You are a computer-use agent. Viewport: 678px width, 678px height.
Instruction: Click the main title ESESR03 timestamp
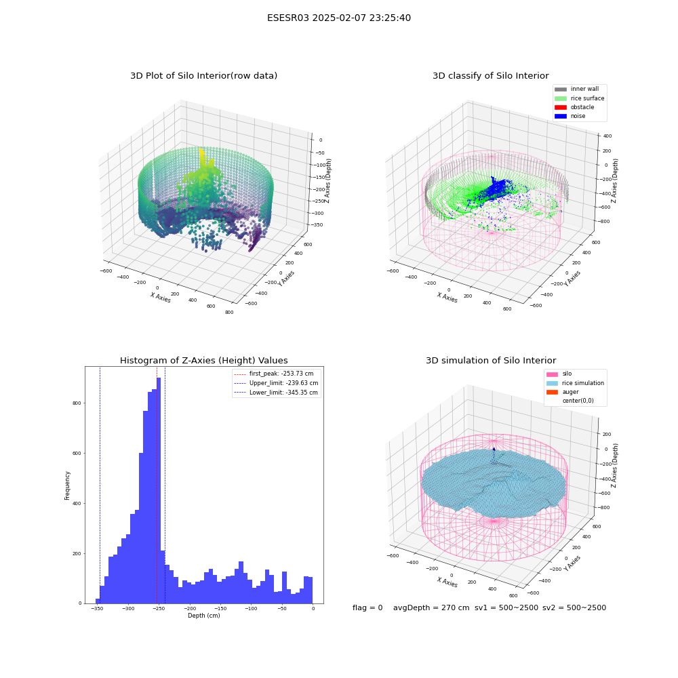(339, 18)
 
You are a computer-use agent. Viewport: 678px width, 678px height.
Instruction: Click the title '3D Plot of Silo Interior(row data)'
(203, 76)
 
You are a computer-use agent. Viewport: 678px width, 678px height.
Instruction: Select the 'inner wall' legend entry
(576, 89)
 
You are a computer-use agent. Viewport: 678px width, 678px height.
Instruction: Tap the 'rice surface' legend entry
(579, 98)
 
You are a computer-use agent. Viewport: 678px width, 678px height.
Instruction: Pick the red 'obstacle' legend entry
(574, 107)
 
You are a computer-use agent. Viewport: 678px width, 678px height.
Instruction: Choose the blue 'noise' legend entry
(570, 116)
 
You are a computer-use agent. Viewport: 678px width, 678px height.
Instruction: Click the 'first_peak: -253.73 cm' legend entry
(274, 374)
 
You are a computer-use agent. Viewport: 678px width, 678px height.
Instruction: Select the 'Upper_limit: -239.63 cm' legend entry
(276, 383)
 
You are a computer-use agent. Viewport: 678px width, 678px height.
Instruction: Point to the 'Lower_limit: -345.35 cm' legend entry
(276, 393)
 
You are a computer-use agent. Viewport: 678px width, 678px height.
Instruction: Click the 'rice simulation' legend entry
(575, 383)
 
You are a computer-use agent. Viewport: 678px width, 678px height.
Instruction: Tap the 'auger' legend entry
(562, 392)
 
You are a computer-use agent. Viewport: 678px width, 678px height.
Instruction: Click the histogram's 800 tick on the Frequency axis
(77, 403)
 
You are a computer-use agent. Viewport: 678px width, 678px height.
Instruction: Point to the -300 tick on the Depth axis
(128, 608)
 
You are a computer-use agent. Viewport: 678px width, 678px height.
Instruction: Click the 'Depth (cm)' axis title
(203, 616)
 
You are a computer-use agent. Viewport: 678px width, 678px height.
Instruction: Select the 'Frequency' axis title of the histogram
(67, 485)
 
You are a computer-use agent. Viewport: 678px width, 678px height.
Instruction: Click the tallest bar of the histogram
(159, 490)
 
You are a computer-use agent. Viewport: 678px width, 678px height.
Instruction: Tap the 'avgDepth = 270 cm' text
(431, 607)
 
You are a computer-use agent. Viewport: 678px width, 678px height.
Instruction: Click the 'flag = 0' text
(367, 607)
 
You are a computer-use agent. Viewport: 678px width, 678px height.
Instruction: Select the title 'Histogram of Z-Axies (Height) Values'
(203, 361)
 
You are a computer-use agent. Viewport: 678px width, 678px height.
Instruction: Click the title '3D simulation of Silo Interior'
(491, 361)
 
